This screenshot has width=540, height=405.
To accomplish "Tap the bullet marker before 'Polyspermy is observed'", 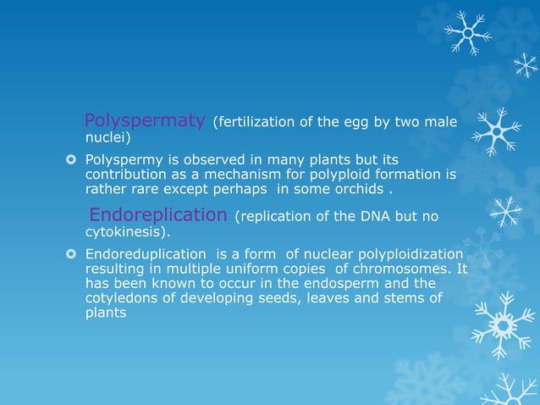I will pyautogui.click(x=74, y=160).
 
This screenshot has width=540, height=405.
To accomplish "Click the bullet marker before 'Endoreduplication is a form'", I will pyautogui.click(x=74, y=255).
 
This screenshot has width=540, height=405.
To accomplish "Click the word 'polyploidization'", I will pyautogui.click(x=411, y=254).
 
